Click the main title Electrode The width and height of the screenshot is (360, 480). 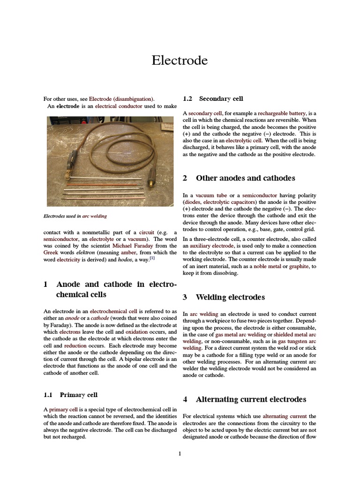point(180,60)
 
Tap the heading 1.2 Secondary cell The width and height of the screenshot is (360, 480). point(213,99)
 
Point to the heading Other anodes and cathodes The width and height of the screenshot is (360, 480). point(245,178)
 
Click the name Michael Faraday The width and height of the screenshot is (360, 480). point(126,245)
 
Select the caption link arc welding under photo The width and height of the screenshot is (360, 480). point(95,216)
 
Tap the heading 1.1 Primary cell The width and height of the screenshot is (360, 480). point(70,395)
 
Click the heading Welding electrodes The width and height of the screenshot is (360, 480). point(230,297)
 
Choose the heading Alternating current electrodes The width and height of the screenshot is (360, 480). point(250,399)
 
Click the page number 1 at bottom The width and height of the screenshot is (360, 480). point(180,453)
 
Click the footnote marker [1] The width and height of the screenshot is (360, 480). point(152,258)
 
